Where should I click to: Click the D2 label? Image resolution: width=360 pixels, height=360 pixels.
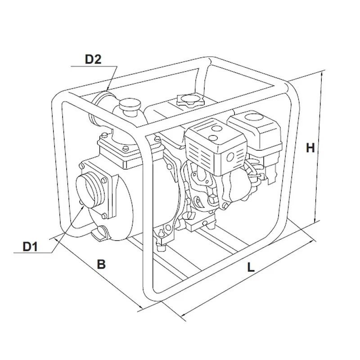(93, 59)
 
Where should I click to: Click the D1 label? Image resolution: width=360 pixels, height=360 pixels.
(30, 247)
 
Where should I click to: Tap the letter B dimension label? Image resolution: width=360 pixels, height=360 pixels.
(101, 264)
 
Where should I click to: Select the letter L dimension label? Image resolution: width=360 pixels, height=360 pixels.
(251, 267)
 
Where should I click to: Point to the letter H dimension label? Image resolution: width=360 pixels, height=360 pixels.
(310, 148)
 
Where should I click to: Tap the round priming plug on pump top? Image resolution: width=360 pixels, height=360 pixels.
(129, 105)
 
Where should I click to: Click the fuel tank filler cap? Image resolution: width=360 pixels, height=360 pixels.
(190, 100)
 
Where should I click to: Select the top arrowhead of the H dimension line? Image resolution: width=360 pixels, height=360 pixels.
(322, 74)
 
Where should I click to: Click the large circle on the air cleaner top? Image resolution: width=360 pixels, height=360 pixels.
(253, 117)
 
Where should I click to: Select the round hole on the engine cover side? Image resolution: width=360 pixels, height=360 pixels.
(230, 157)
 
